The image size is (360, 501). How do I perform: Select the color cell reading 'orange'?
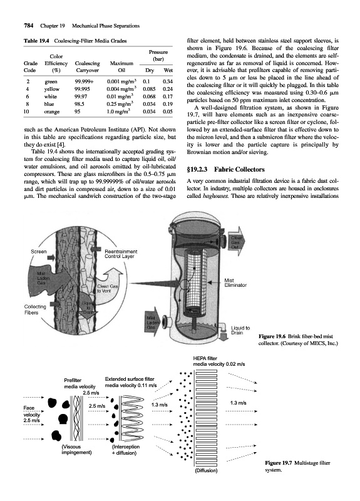pos(51,111)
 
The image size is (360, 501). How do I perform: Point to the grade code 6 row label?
pos(28,96)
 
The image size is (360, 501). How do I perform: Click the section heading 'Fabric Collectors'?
pos(239,169)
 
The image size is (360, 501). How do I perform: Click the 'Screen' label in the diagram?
pos(39,252)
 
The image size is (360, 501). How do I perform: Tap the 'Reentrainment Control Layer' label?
pos(121,254)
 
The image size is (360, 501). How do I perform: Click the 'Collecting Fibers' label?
pos(35,309)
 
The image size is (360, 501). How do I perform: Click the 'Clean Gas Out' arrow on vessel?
pos(237,242)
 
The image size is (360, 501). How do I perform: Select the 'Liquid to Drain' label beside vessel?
pos(240,330)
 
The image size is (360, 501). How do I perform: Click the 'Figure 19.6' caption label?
pos(272,336)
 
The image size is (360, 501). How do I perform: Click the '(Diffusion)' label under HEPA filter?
pos(206,470)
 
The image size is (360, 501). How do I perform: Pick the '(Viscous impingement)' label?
pos(76,449)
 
